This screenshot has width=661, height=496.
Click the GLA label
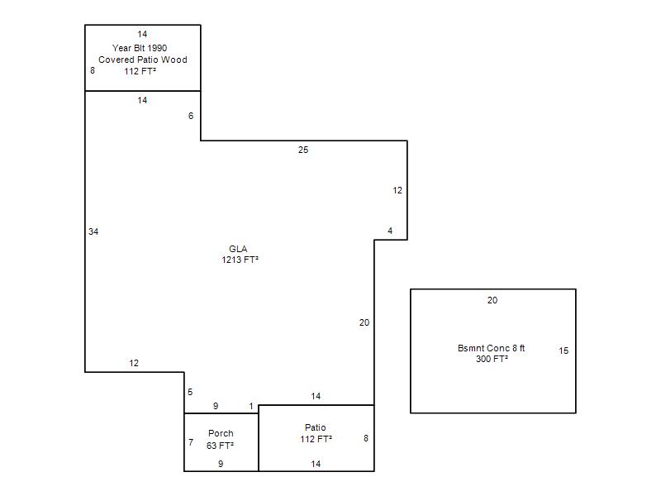point(238,249)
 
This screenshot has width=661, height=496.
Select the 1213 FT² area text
point(240,260)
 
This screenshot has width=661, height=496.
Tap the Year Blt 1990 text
point(140,48)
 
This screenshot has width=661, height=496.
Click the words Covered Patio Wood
point(142,60)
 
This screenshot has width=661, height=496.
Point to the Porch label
point(221,433)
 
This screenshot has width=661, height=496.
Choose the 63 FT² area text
point(220,446)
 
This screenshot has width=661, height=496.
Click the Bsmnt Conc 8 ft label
point(491,348)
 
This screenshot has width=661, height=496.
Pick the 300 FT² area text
point(492,359)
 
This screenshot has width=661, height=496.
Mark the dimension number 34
point(93,231)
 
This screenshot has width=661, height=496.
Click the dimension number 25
point(303,150)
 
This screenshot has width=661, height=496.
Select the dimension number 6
point(191,116)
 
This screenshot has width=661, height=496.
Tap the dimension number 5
point(190,392)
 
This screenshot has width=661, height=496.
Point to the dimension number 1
point(251,406)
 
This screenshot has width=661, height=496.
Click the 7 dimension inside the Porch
point(191,442)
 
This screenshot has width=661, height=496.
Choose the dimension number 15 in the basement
point(564,351)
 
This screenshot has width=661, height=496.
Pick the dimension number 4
point(390,231)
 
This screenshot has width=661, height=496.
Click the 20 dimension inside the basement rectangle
point(492,300)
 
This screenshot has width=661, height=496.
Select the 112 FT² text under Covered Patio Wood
point(140,71)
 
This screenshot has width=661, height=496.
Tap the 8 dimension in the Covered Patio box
point(93,70)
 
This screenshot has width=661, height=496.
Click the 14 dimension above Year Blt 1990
point(142,34)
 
